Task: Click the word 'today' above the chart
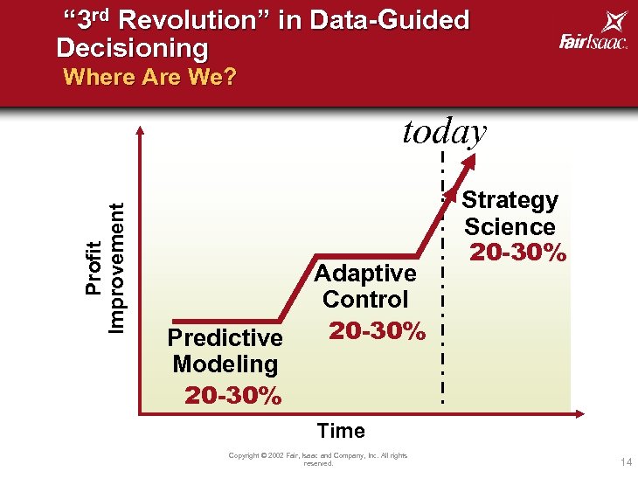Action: coord(444,132)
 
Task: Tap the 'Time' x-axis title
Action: coord(341,431)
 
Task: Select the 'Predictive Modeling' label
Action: coord(225,350)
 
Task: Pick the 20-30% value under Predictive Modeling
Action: coord(233,396)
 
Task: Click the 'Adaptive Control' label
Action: coord(365,286)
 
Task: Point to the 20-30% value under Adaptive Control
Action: coord(377,331)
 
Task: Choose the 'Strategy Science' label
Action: coord(510,213)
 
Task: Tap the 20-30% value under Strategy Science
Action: coord(518,253)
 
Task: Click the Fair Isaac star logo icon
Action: coord(614,22)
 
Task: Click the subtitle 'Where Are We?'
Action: coord(149,77)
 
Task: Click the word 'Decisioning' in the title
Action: coord(133,47)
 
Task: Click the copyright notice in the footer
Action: coord(318,459)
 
